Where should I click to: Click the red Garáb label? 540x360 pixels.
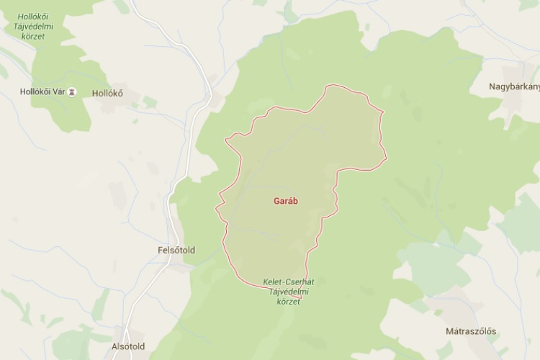(x=287, y=201)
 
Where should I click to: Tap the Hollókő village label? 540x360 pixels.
(x=107, y=93)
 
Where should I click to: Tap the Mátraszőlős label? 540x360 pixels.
(x=470, y=332)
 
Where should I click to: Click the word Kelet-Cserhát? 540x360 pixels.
(x=284, y=282)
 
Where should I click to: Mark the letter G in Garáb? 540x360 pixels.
(x=277, y=201)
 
